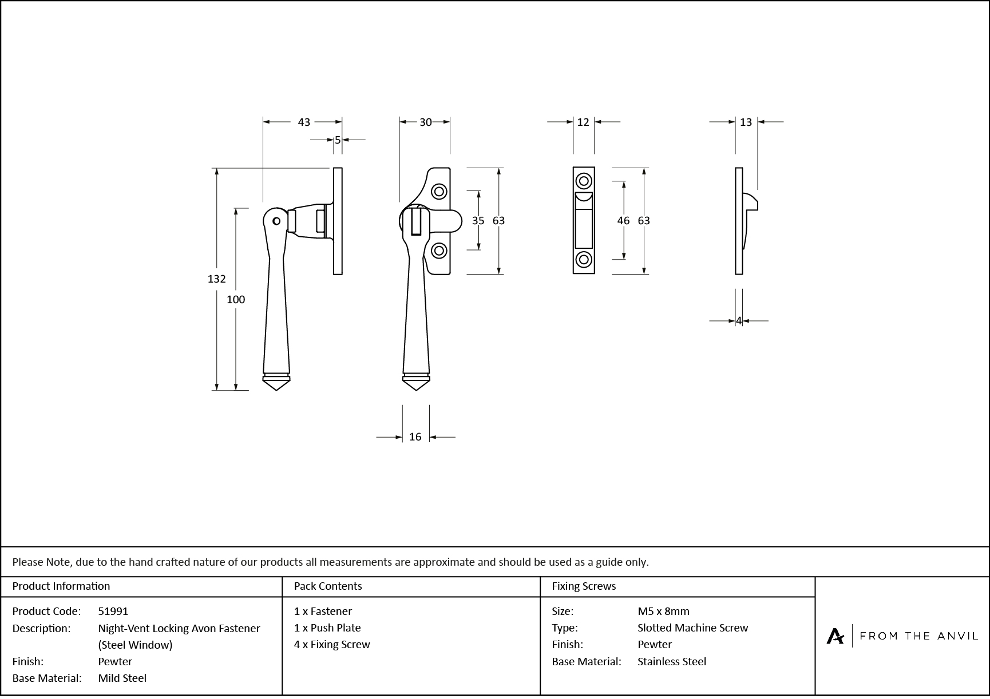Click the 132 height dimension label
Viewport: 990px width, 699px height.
(216, 279)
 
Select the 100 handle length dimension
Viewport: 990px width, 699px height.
(236, 300)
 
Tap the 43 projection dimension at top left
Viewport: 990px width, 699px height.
(304, 122)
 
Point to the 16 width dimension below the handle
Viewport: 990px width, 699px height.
(415, 437)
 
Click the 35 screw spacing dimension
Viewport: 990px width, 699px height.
(478, 221)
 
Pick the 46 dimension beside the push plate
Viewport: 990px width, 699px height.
(624, 221)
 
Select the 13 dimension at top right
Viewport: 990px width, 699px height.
(746, 122)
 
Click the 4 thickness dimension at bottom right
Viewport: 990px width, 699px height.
(739, 321)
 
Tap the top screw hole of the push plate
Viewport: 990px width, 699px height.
(584, 181)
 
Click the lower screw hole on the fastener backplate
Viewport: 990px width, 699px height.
(439, 251)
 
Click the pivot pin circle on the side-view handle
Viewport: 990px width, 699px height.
(276, 221)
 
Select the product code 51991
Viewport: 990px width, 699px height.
(113, 611)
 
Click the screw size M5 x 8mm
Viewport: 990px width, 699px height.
(663, 611)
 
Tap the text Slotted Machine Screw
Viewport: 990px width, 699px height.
(692, 628)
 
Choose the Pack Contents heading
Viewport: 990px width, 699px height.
(328, 586)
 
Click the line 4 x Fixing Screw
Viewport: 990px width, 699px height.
(332, 645)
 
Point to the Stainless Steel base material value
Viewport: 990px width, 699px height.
(672, 662)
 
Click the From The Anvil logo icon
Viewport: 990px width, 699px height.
(835, 636)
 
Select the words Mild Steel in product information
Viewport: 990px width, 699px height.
(122, 678)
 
